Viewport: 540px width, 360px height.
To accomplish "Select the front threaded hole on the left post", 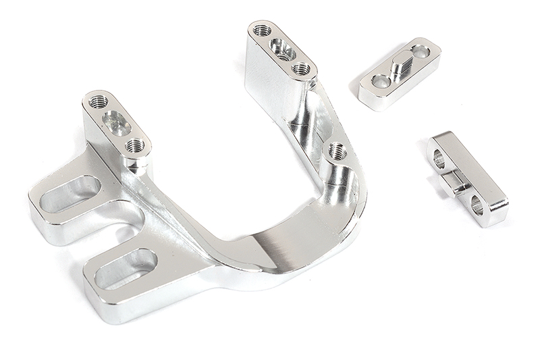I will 136,145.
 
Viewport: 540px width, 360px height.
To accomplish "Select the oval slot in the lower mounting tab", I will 126,268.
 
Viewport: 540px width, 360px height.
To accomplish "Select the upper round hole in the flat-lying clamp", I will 421,51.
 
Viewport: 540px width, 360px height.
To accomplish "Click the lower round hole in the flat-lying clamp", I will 381,82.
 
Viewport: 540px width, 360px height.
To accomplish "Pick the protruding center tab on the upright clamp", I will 457,179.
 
